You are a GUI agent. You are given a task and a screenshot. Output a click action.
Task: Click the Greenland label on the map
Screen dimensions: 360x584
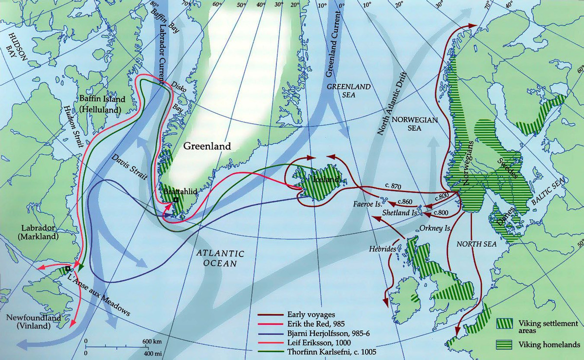click(207, 146)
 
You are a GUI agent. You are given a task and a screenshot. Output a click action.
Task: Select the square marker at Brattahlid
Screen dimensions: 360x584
click(176, 199)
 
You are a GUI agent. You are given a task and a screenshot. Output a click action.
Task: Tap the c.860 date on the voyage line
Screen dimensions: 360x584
click(406, 201)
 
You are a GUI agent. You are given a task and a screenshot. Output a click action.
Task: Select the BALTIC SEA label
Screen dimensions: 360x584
click(549, 192)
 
